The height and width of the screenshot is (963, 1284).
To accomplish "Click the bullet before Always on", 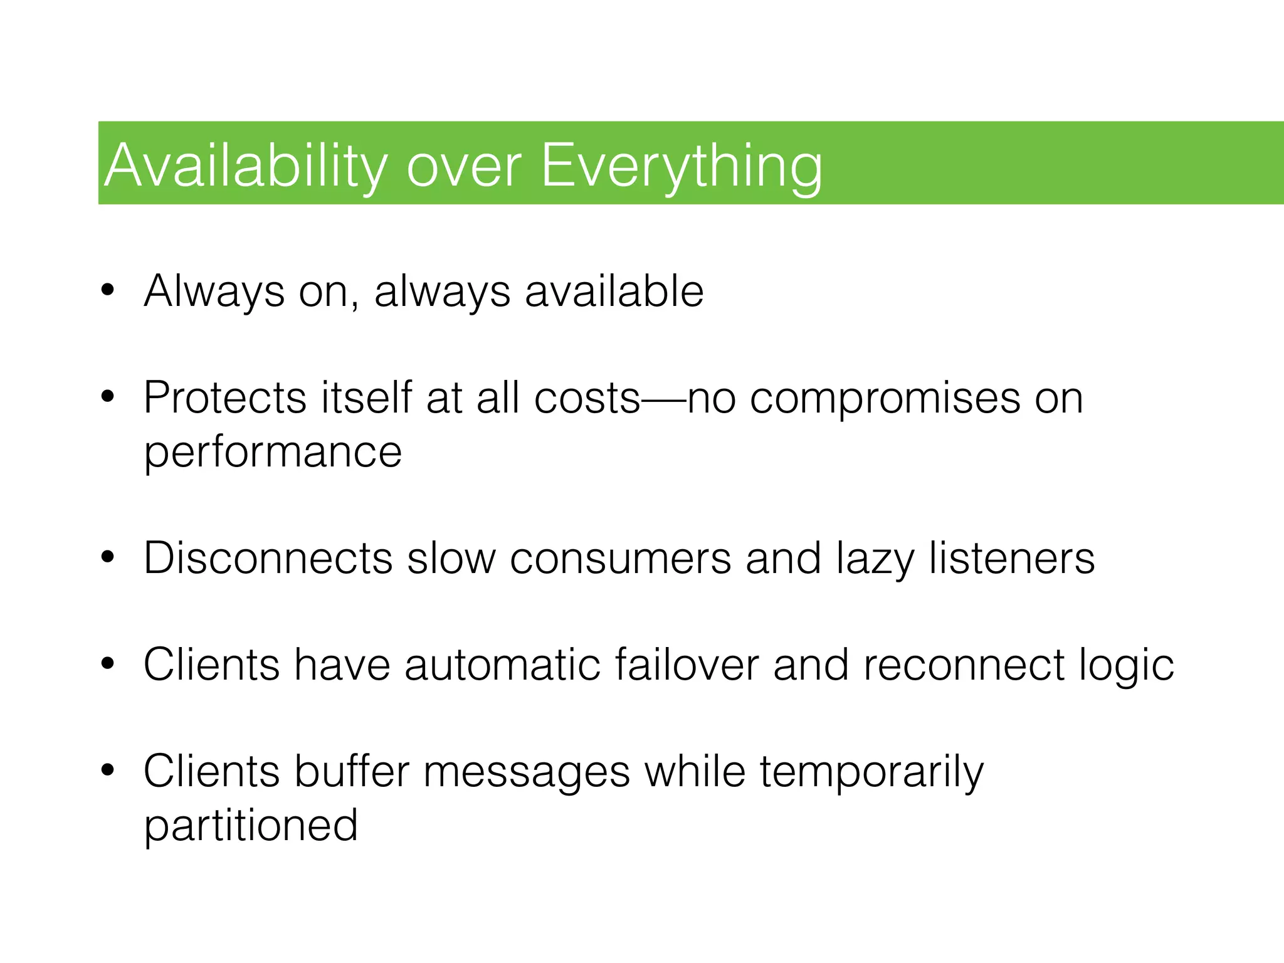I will point(108,291).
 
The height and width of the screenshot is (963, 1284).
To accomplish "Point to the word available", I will point(614,292).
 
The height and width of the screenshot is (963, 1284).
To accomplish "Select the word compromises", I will point(885,399).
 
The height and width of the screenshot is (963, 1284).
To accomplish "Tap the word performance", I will point(273,453).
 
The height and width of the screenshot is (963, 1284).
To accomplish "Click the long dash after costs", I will point(664,399).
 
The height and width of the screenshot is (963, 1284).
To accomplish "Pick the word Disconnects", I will point(268,558).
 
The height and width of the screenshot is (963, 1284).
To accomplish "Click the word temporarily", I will point(871,772).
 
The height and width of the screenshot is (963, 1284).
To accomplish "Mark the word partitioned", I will point(251,826).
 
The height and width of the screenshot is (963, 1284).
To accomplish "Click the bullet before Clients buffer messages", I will point(108,771).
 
